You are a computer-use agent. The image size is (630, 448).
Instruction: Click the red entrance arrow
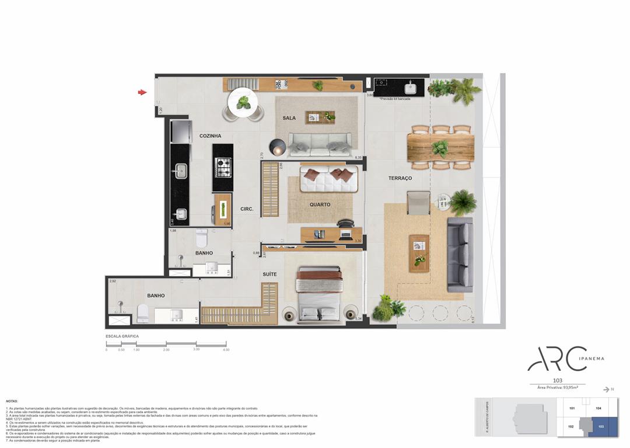[142, 92]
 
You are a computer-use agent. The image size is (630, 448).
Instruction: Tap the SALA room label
[289, 118]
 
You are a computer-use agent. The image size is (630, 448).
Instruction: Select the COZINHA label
[210, 136]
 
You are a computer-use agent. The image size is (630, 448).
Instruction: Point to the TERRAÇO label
[400, 178]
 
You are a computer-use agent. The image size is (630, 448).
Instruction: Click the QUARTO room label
[320, 205]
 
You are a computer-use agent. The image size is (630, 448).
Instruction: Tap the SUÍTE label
[269, 274]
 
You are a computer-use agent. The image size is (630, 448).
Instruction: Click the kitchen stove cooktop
[223, 167]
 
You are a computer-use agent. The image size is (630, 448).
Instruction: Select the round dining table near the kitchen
[243, 103]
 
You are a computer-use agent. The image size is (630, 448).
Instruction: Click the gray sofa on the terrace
[460, 255]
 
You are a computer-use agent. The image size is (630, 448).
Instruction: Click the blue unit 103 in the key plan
[601, 427]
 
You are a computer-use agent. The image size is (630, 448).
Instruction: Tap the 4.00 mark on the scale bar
[225, 350]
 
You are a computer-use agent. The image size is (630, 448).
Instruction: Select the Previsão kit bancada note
[395, 99]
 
